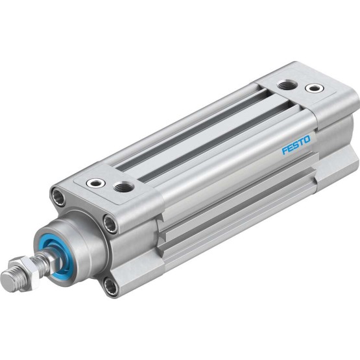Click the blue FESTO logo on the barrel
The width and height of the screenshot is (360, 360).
(296, 145)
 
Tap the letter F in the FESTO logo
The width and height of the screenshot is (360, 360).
(285, 151)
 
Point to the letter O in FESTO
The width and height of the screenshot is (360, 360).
(307, 139)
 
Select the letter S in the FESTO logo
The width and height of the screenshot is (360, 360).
(296, 145)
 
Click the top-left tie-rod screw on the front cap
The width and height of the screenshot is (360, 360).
(58, 197)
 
